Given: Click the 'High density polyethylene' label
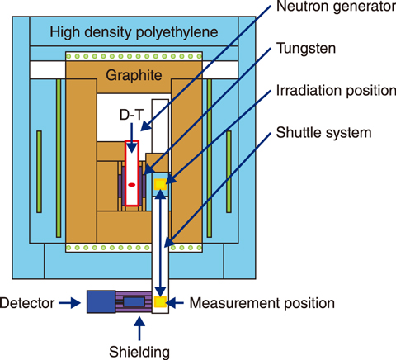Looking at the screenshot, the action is click(134, 33).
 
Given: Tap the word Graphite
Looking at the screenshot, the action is click(134, 75).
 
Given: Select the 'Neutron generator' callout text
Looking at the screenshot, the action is click(336, 7).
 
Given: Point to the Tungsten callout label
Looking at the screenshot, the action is click(306, 49).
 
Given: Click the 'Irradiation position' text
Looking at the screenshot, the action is click(336, 91).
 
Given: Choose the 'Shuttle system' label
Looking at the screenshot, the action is click(323, 133).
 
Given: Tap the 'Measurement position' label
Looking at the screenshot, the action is click(262, 303).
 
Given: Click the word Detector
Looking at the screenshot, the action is click(27, 303).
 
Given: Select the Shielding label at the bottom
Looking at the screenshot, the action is click(139, 352).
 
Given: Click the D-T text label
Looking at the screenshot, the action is click(131, 115).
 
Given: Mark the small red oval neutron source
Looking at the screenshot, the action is click(132, 185).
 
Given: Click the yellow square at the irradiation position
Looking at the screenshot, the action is click(160, 184).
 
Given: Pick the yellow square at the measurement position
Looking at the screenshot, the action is click(160, 301).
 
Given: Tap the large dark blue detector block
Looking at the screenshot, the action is click(101, 301).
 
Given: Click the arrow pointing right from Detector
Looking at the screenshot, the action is click(70, 303).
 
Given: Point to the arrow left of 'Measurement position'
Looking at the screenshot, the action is click(175, 303).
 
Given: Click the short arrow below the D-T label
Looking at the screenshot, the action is click(132, 138).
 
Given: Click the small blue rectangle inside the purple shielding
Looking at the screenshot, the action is click(134, 302).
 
